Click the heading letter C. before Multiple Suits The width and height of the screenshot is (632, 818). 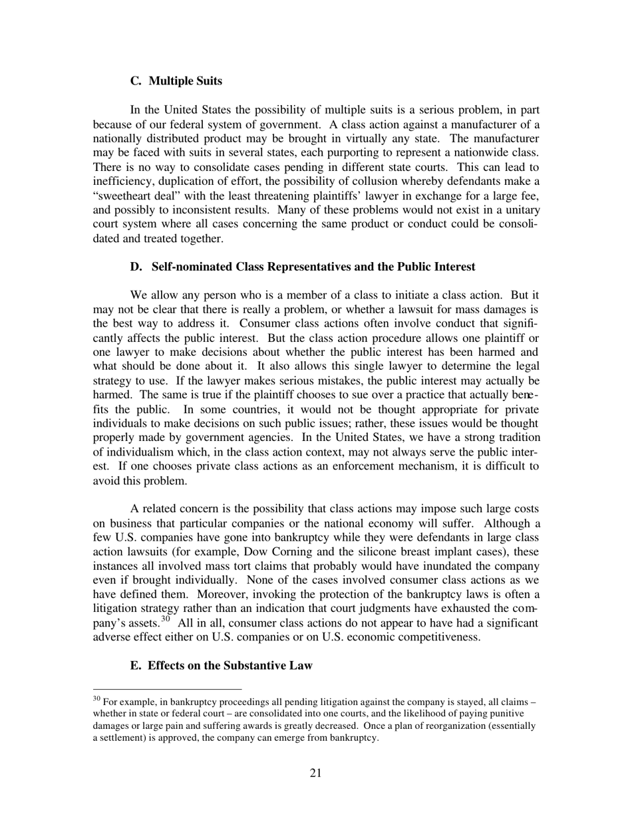[136, 81]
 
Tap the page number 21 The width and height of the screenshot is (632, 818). [315, 772]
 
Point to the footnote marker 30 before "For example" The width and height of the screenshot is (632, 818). [96, 699]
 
